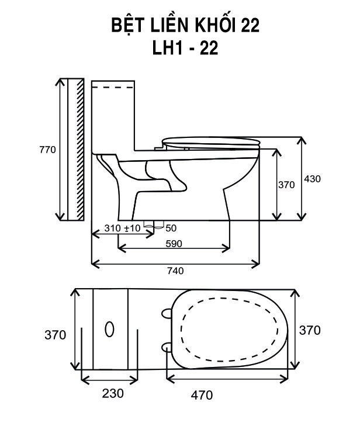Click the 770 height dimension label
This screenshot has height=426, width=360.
[47, 150]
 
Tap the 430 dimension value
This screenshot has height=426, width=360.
[313, 179]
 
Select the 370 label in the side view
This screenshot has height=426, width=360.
[286, 185]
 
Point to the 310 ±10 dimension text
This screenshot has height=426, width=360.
[122, 228]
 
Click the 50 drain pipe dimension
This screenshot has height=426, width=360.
[171, 228]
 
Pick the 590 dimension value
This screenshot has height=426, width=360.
[174, 244]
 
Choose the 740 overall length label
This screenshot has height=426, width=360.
[175, 271]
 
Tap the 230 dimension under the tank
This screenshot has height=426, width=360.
[113, 393]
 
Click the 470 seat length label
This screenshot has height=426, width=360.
[202, 395]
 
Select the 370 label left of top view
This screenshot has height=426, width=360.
[55, 335]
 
